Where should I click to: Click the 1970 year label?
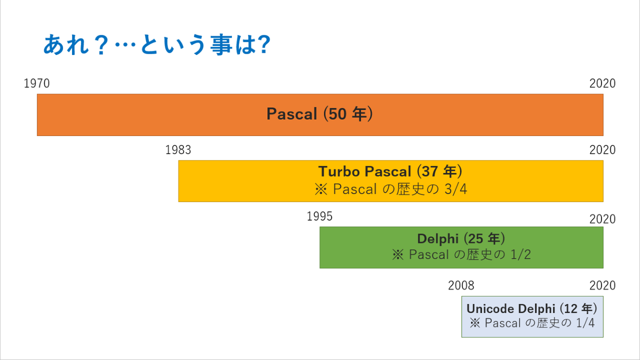(37, 84)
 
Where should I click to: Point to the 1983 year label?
(178, 150)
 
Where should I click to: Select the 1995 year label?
(319, 216)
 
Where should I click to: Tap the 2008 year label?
(461, 285)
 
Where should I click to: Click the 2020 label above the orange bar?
(602, 84)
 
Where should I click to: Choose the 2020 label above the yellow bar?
(602, 150)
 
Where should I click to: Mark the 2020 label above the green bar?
(602, 219)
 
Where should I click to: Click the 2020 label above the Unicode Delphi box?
(602, 285)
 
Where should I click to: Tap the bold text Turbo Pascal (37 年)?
(390, 172)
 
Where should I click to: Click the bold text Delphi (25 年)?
(461, 238)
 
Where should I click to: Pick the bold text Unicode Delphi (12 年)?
(532, 308)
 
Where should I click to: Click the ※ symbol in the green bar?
(397, 255)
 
